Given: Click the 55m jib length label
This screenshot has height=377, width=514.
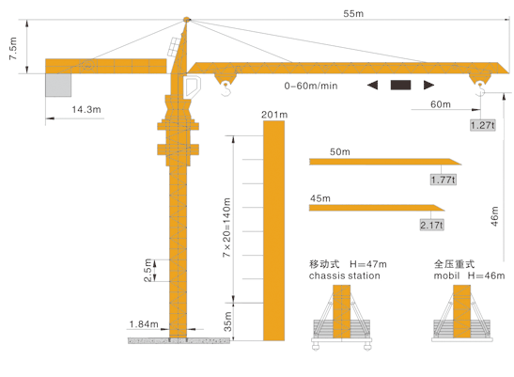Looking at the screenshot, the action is pos(353,13).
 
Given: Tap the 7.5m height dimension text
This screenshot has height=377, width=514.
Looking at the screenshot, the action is pos(13,49).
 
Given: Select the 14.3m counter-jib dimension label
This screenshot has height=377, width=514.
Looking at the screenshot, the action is pos(86,109).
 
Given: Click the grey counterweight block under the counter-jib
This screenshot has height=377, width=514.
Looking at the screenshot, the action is pos(58,85).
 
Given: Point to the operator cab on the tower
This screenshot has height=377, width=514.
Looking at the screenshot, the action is pos(192,86).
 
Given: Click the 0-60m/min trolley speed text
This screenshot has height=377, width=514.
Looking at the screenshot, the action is pos(311,86).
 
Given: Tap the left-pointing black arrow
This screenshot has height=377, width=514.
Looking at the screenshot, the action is pos(372,85).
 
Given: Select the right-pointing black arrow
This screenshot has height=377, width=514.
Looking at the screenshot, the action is pos(428,85).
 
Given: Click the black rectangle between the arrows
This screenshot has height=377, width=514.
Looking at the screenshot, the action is pos(400,85).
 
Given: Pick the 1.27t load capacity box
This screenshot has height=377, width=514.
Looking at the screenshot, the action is pos(483,125).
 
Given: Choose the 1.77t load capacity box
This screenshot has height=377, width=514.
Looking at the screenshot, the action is pos(444,180).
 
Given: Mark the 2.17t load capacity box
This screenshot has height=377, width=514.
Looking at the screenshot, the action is pos(431,225).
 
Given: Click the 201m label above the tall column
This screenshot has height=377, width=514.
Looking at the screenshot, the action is pos(274,115).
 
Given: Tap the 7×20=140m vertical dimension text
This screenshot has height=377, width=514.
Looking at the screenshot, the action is pos(226,228).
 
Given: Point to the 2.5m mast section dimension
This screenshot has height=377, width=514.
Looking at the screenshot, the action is pos(148,271).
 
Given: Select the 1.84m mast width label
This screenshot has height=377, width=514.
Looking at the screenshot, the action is pos(144,324).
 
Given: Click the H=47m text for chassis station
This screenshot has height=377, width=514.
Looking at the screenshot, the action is pos(367,264).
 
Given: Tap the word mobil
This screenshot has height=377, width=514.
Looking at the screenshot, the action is pos(446,275).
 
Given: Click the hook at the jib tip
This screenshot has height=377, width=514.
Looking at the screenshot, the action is pos(480,89).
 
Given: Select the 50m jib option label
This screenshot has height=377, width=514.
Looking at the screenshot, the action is pos(339,151).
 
